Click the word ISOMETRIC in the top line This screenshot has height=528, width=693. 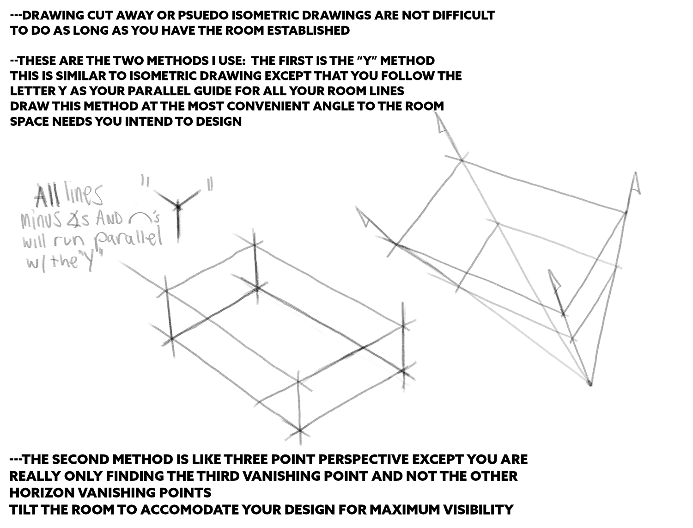[x=236, y=15]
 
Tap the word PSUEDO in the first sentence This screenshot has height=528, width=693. [x=165, y=15]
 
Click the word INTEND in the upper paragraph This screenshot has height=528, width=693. [x=148, y=121]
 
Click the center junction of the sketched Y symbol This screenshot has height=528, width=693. [x=178, y=207]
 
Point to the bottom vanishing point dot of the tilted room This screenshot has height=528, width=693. [x=589, y=384]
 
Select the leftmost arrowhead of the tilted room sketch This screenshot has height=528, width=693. [x=363, y=217]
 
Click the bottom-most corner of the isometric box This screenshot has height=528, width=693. [x=300, y=430]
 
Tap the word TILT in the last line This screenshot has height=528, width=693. [x=24, y=510]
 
